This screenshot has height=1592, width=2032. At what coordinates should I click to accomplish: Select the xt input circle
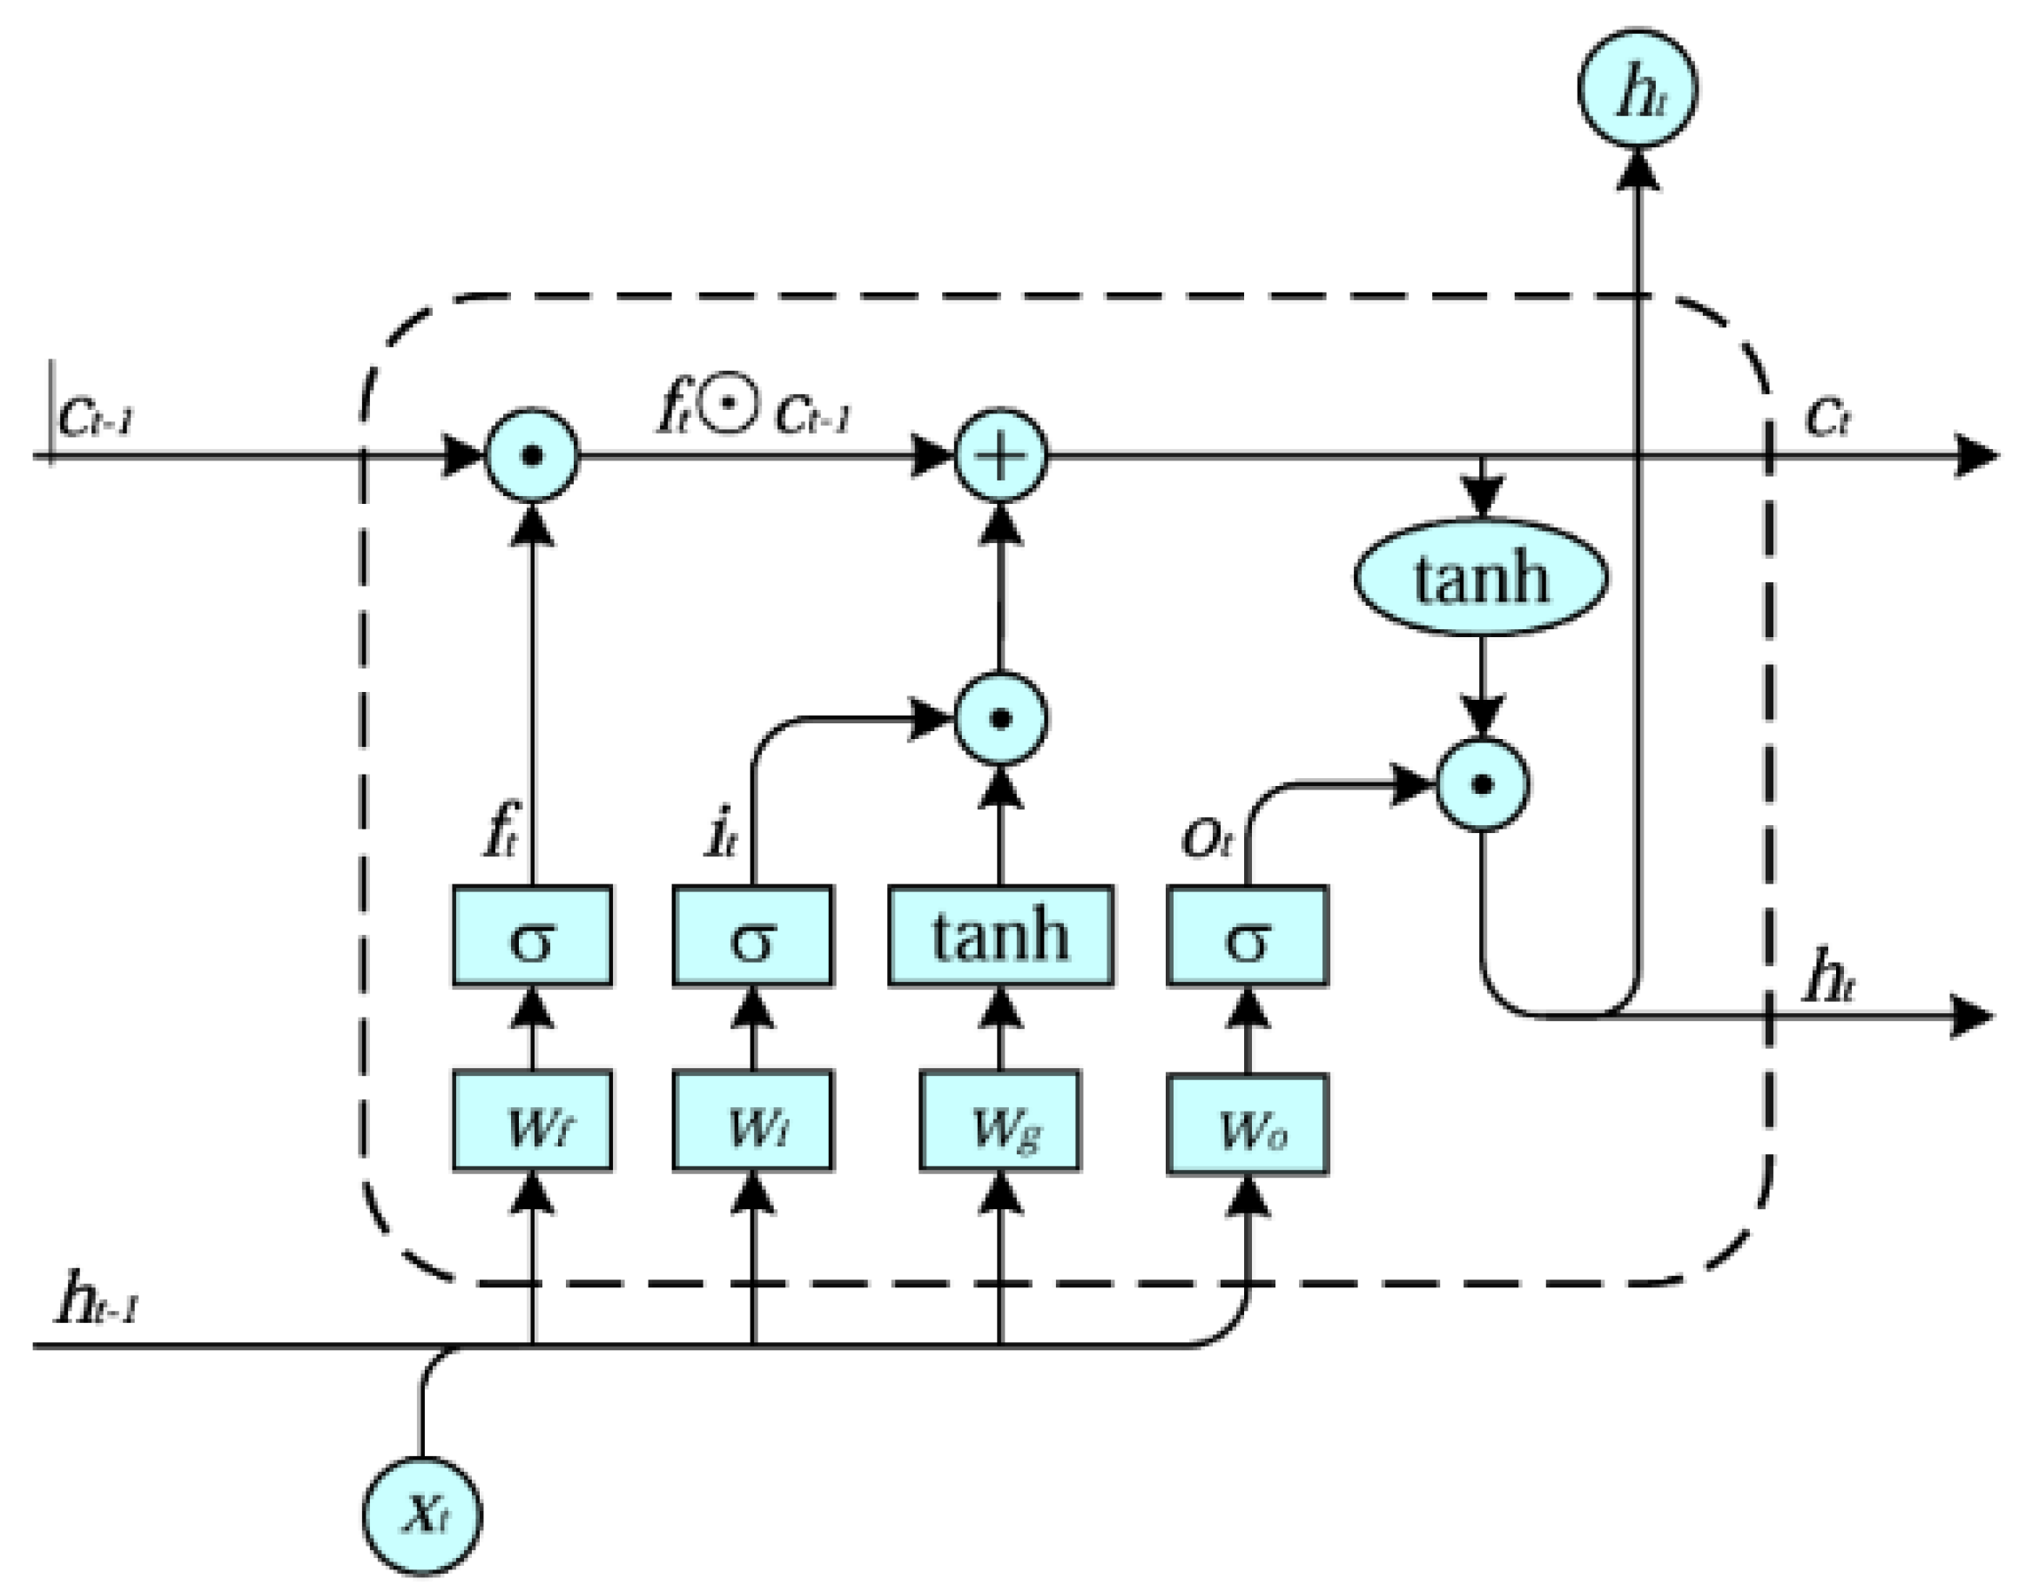point(422,1515)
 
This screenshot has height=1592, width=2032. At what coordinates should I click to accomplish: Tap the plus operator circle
point(1000,456)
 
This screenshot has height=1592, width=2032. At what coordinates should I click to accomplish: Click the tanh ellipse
point(1481,577)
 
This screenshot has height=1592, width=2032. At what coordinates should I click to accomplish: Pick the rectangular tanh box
point(1000,935)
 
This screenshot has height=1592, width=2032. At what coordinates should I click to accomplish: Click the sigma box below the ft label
point(532,935)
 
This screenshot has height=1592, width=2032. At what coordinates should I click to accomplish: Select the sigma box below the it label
point(752,935)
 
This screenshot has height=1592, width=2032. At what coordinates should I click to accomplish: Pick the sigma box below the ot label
point(1248,935)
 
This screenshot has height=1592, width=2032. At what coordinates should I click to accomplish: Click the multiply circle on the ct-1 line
point(532,456)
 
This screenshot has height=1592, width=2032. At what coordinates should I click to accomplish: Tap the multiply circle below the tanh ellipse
point(1482,784)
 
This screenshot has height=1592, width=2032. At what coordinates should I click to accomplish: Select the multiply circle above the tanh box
point(1000,718)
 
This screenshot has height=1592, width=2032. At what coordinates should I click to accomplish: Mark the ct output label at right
point(1827,417)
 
